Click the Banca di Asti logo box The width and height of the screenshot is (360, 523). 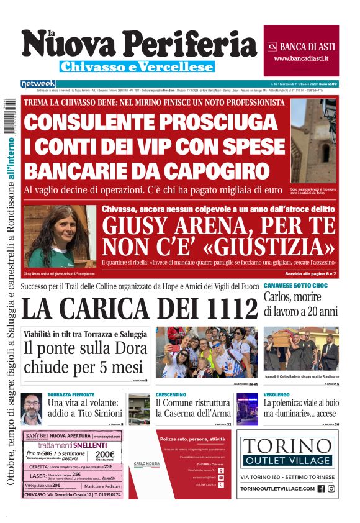(301, 50)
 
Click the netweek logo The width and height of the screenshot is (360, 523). (38, 83)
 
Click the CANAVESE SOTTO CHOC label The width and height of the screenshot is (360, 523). (295, 284)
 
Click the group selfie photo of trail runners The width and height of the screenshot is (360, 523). (207, 352)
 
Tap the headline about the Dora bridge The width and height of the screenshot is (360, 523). (83, 358)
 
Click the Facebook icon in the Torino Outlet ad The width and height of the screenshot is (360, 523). (321, 489)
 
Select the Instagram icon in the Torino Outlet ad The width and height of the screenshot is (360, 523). (332, 489)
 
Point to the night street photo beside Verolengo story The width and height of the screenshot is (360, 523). (248, 409)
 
